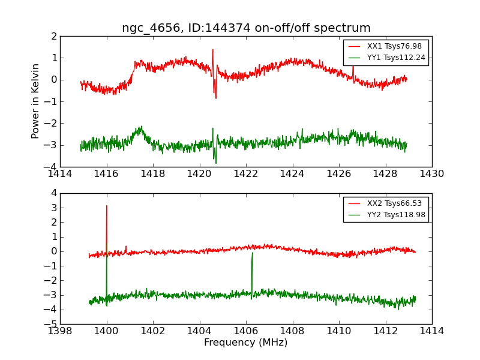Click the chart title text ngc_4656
pos(146,28)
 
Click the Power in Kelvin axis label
pos(36,101)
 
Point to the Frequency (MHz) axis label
pos(245,343)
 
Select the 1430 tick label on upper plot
pos(431,174)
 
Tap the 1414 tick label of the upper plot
pos(61,174)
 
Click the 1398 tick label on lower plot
pos(61,331)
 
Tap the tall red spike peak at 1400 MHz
pos(107,206)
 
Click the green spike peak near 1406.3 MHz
pos(252,253)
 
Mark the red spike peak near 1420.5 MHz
pos(212,50)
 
